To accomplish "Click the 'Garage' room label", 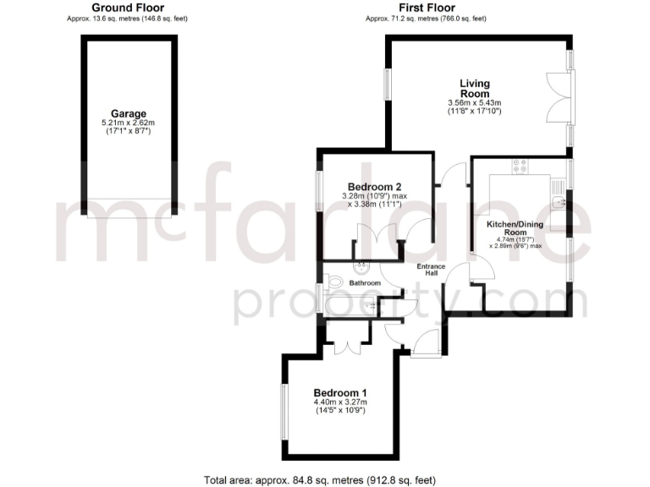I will [128, 113].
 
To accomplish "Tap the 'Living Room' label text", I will [475, 89].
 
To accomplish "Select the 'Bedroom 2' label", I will [374, 187].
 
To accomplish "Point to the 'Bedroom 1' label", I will [340, 393].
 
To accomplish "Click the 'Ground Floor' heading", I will [128, 8].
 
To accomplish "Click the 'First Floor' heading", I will [427, 8].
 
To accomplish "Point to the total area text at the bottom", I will [320, 479].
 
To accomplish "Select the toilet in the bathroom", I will [335, 282].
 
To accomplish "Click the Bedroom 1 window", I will [284, 411].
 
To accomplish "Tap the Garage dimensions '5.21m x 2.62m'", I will [128, 123].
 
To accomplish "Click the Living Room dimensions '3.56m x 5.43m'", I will [475, 103].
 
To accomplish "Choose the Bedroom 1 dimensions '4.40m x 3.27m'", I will [340, 403].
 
